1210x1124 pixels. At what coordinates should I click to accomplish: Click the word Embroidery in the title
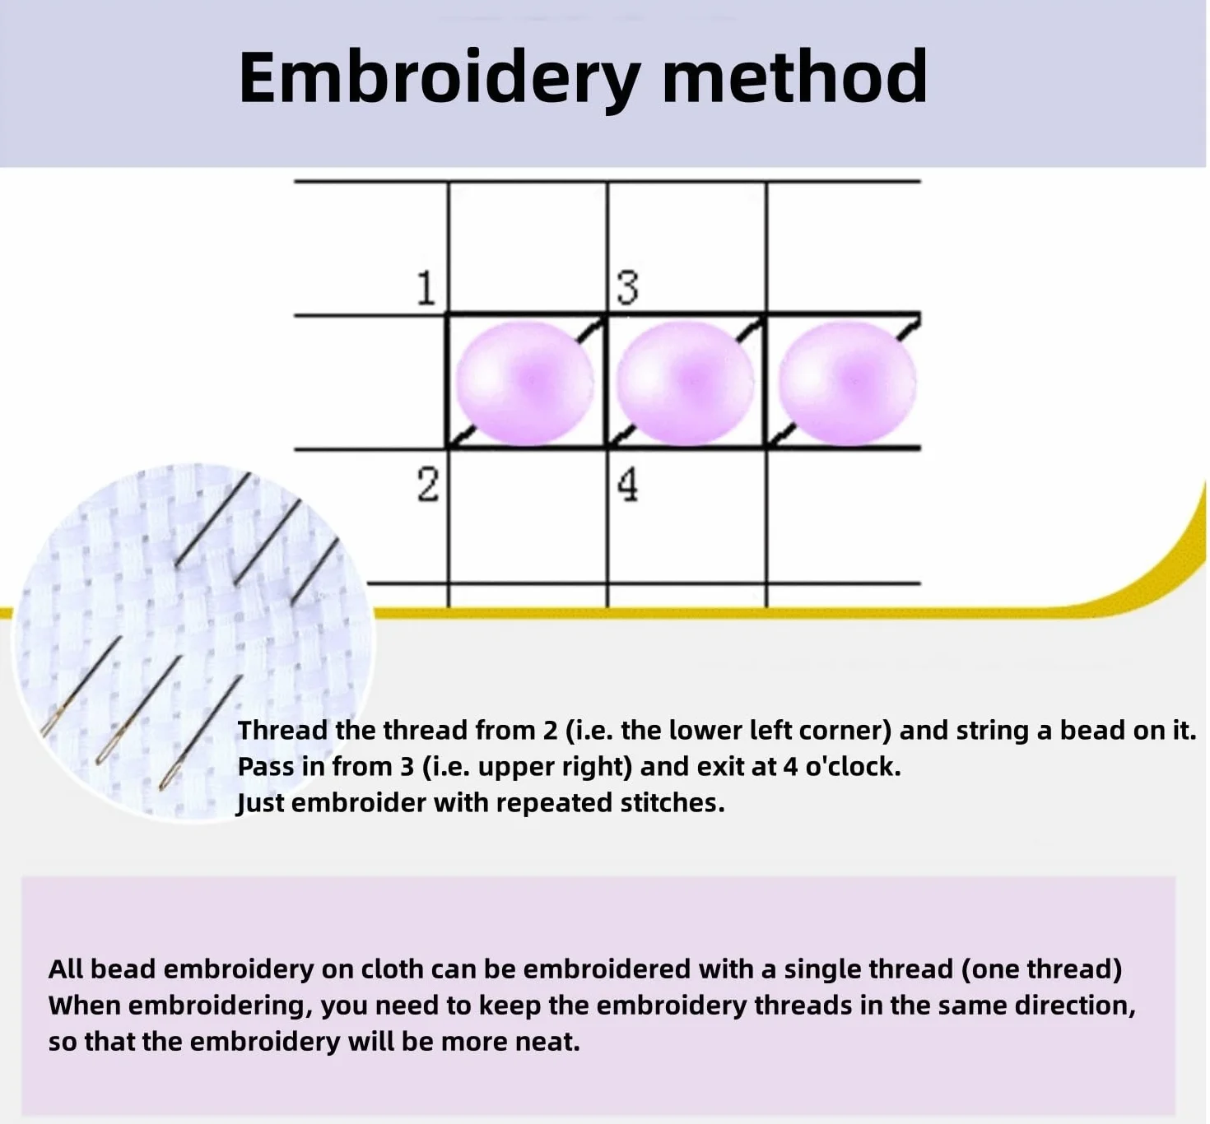pyautogui.click(x=440, y=79)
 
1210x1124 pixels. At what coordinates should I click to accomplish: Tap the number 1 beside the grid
pyautogui.click(x=426, y=287)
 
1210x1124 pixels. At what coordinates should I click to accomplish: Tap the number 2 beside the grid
pyautogui.click(x=427, y=485)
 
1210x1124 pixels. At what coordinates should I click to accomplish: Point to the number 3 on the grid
pyautogui.click(x=627, y=287)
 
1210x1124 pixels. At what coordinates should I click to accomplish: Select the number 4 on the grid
pyautogui.click(x=627, y=485)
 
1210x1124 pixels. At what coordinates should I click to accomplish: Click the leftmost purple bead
pyautogui.click(x=524, y=383)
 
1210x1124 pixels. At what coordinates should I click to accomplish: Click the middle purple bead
pyautogui.click(x=686, y=383)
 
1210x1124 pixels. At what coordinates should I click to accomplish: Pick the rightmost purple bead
pyautogui.click(x=848, y=383)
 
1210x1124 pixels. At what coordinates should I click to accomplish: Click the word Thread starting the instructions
pyautogui.click(x=282, y=730)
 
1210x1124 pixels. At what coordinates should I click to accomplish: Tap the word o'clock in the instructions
pyautogui.click(x=853, y=766)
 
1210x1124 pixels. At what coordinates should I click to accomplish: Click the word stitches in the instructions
pyautogui.click(x=672, y=802)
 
